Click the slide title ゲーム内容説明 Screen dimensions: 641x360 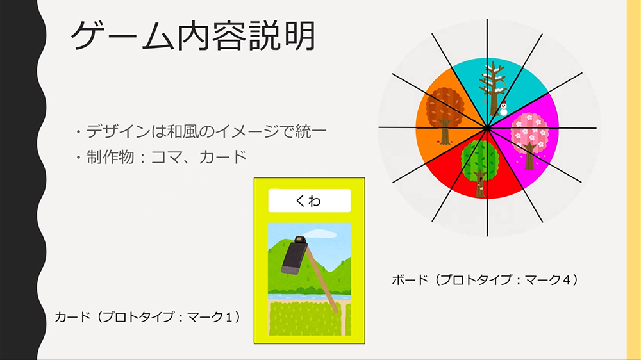[193, 37]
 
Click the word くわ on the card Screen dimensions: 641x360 [309, 200]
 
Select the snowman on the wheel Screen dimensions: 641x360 [504, 108]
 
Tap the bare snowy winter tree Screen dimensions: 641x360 [492, 88]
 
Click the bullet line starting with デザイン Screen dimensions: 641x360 [201, 131]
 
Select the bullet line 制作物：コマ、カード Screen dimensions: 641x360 [161, 157]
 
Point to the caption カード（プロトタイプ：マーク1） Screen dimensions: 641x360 [147, 316]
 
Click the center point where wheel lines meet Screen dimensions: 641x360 [487, 128]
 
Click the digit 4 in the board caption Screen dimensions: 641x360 [566, 280]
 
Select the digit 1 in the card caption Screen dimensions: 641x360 [228, 317]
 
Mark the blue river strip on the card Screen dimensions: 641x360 [309, 297]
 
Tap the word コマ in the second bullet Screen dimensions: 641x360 [167, 158]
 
